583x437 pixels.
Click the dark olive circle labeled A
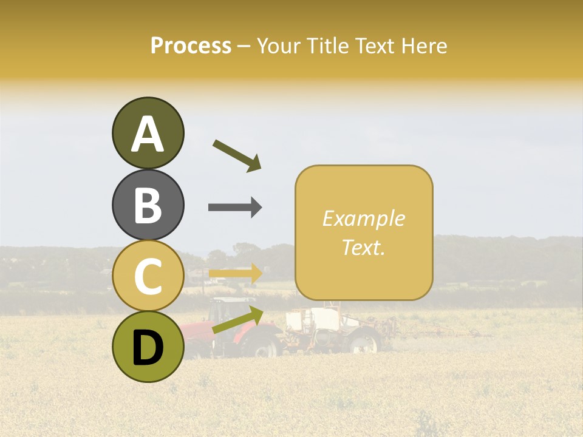pos(148,133)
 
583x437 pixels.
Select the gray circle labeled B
pos(148,205)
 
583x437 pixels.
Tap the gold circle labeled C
pos(148,276)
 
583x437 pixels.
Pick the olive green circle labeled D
pos(148,347)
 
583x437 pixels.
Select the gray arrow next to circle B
pos(235,207)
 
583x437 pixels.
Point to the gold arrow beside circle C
pos(235,274)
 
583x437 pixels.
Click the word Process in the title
pos(191,46)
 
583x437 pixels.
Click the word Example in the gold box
pos(363,218)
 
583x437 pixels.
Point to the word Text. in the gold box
pos(363,247)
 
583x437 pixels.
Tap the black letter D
pos(148,348)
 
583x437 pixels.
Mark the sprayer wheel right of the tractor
pos(364,344)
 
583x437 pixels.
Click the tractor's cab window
pos(225,310)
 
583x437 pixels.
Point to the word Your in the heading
pos(277,46)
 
